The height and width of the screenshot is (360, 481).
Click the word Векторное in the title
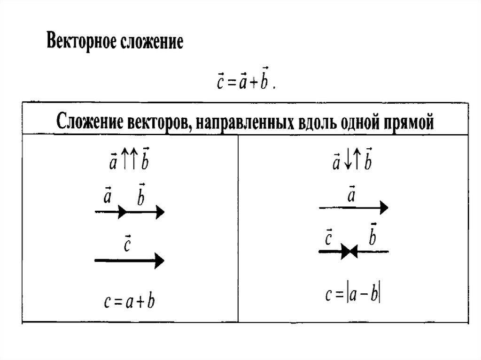(x=80, y=42)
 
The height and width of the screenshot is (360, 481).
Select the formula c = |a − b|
(x=353, y=295)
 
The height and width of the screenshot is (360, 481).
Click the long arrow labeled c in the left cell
(x=129, y=260)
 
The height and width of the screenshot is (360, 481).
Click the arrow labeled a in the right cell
(x=353, y=207)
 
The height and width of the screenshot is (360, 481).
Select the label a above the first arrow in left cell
(x=107, y=196)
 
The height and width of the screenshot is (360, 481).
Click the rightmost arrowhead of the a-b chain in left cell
(x=160, y=213)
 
